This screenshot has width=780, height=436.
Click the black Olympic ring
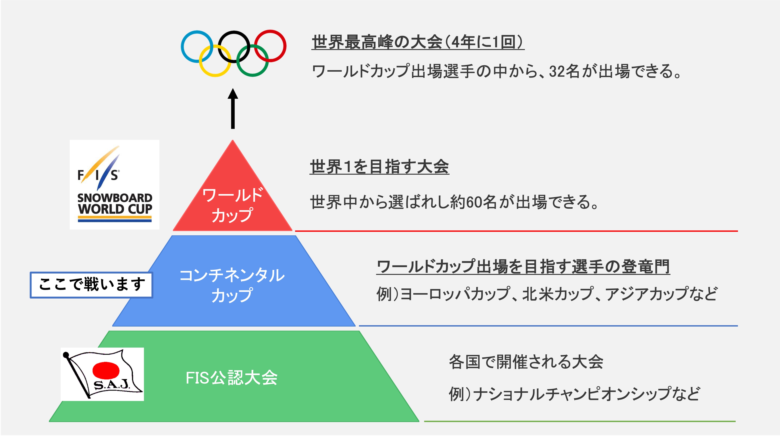219,47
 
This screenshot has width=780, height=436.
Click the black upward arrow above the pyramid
233,108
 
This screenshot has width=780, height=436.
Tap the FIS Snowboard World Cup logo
114,184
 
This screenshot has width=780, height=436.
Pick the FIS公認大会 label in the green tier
232,378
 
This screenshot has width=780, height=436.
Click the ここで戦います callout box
91,285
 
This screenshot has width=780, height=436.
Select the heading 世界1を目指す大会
379,167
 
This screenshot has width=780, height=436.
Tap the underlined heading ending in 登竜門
523,267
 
